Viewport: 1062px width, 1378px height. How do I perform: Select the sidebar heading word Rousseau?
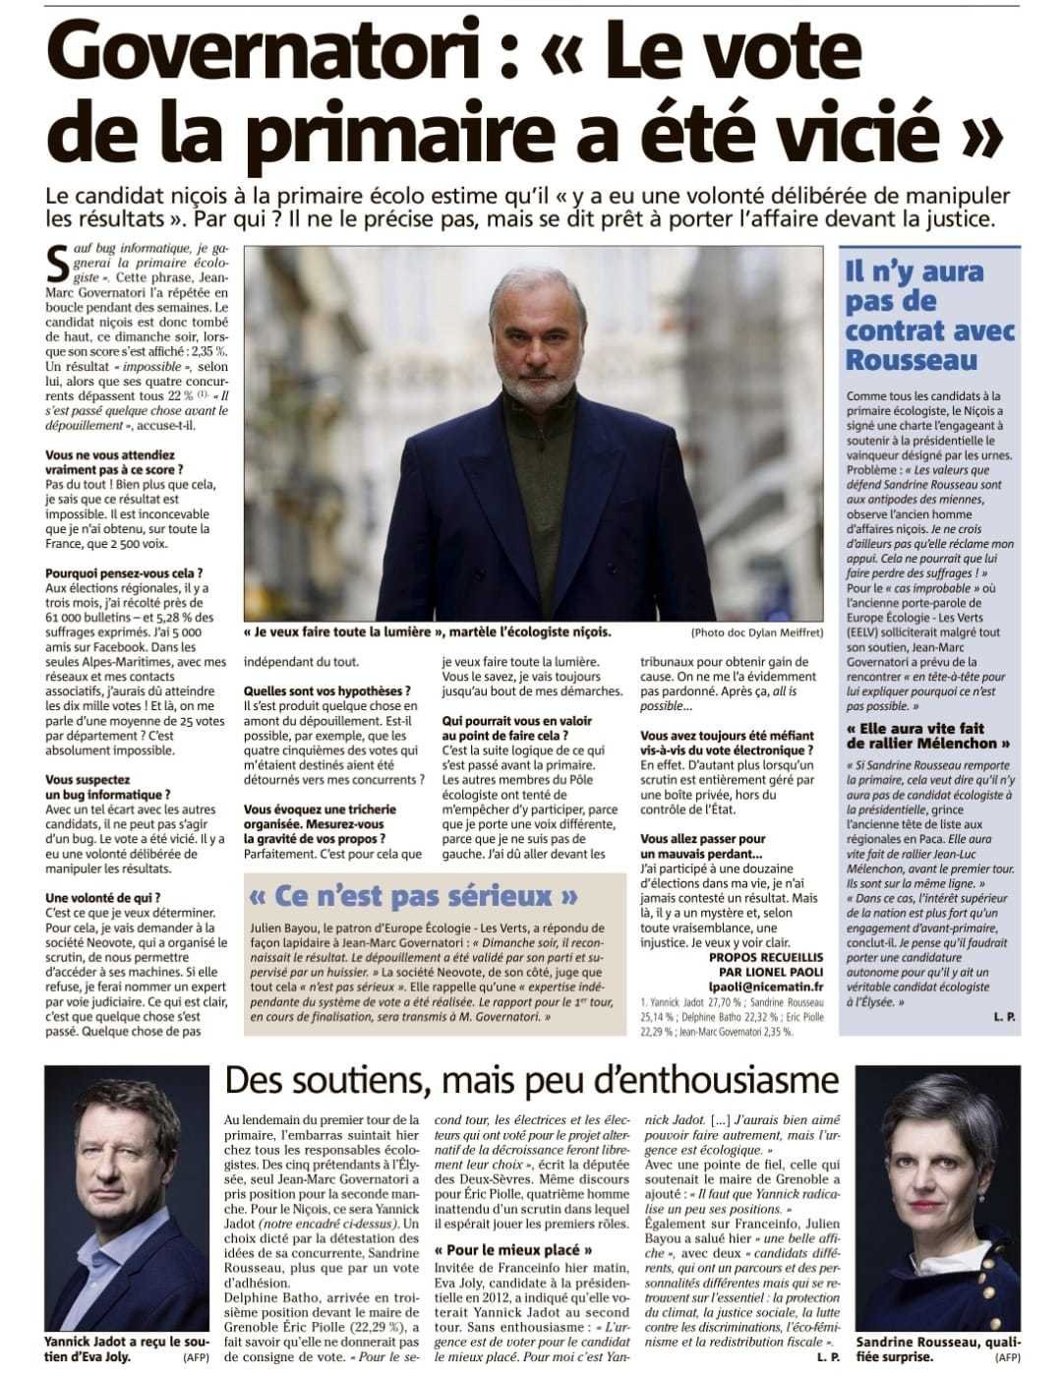912,359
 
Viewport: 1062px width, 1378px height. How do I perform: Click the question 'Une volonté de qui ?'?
103,897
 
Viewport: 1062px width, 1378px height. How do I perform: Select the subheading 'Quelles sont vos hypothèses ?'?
327,690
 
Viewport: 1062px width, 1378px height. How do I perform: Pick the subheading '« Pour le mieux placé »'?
513,1250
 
